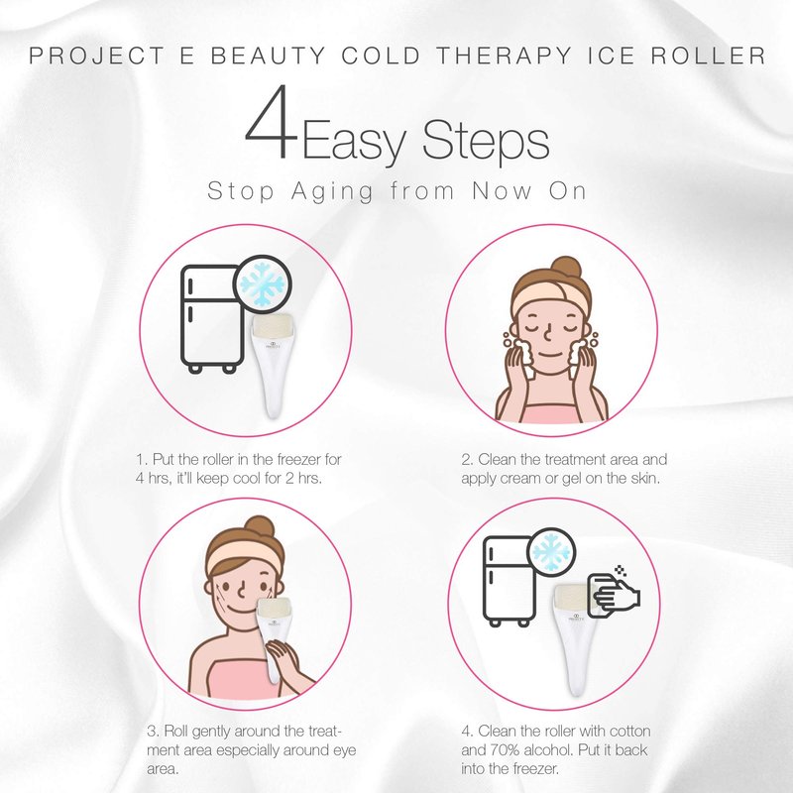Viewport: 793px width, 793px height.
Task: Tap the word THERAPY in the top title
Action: click(x=504, y=56)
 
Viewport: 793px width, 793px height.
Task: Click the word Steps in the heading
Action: click(x=486, y=140)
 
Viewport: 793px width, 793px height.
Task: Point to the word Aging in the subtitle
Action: click(x=333, y=191)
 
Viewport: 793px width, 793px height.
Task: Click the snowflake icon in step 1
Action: click(x=262, y=284)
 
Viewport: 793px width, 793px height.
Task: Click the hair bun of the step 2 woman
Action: click(x=566, y=268)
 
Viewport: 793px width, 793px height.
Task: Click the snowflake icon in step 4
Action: click(x=551, y=552)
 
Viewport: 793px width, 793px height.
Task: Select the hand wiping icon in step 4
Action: click(x=614, y=592)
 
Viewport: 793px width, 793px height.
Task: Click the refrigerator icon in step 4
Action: click(x=509, y=582)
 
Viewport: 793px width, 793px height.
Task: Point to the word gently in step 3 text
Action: click(x=212, y=733)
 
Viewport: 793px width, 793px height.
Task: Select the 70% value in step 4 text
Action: click(x=505, y=750)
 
